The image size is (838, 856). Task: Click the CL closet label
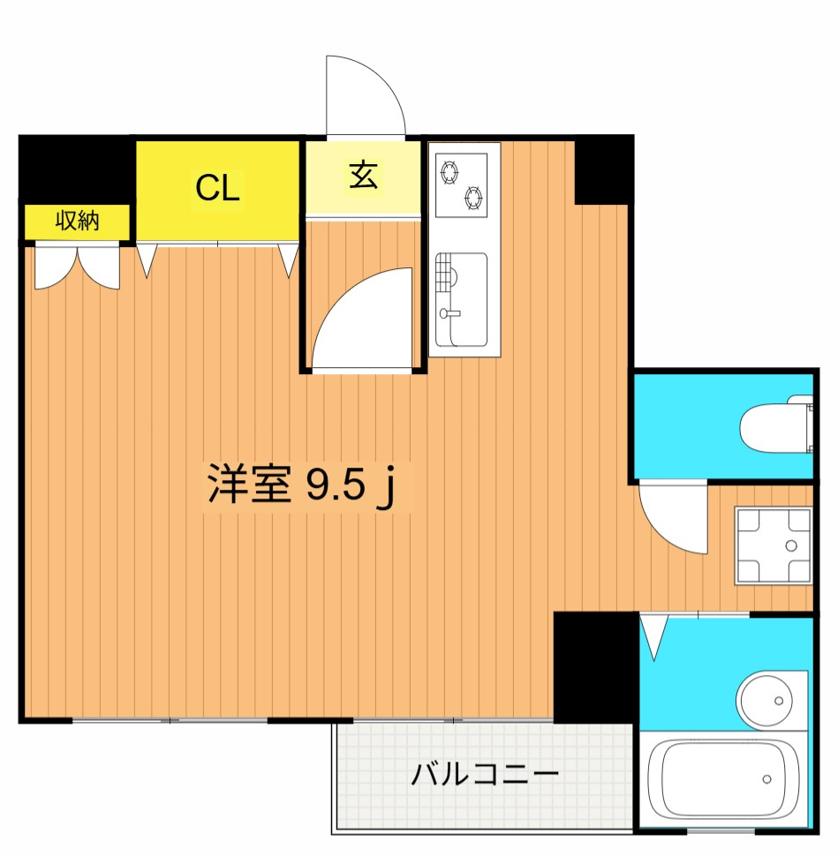tap(217, 189)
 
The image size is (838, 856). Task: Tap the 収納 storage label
tap(78, 222)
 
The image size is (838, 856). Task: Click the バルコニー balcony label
tap(485, 776)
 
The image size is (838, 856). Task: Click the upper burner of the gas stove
tap(451, 171)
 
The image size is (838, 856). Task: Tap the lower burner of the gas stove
tap(474, 199)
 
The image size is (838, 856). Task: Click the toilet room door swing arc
tap(674, 516)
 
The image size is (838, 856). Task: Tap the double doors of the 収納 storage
tap(77, 267)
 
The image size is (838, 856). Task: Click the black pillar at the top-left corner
tap(76, 168)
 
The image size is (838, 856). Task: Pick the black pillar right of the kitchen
tap(603, 169)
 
